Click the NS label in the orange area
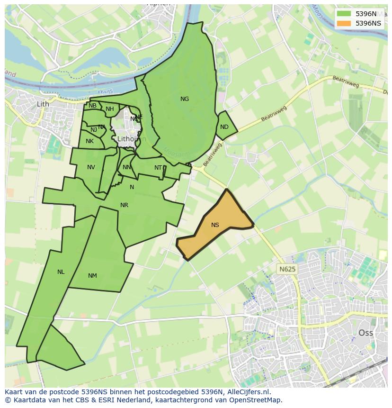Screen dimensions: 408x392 point(215,225)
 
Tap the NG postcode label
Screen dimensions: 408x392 point(185,99)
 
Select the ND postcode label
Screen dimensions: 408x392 point(224,127)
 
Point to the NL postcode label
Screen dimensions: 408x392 point(61,272)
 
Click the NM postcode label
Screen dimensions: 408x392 point(92,276)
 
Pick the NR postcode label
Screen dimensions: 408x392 point(124,205)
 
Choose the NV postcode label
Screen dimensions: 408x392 point(91,167)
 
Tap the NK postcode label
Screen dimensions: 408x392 point(89,141)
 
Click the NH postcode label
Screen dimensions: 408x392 point(110,109)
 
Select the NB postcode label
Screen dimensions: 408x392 point(92,106)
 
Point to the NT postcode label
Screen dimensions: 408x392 point(158,168)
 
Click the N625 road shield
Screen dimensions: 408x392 point(287,269)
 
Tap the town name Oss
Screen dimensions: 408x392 point(365,333)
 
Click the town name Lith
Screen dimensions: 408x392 point(43,104)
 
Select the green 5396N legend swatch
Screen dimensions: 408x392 point(344,14)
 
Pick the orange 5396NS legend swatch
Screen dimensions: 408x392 point(344,23)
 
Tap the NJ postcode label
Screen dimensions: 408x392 point(94,130)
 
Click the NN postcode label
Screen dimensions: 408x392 point(127,167)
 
